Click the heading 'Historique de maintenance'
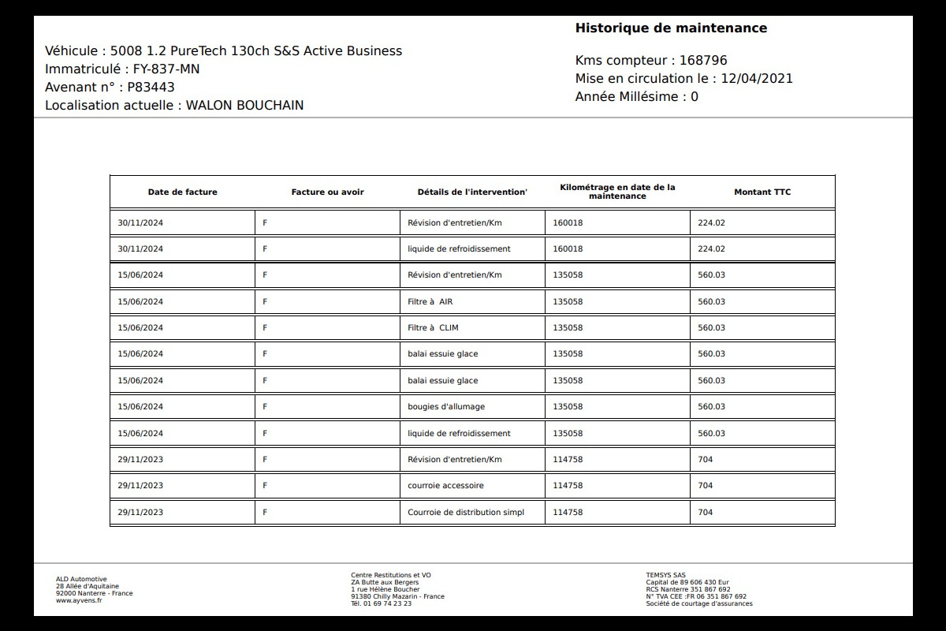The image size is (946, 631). point(671,28)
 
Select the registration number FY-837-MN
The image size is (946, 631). point(166,69)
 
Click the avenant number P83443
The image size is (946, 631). point(151,87)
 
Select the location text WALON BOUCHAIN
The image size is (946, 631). point(244,105)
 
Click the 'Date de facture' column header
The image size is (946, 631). point(182,192)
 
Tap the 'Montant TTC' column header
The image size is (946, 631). point(762,192)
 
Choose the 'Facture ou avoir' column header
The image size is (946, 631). point(327,192)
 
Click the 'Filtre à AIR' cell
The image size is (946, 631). point(430,301)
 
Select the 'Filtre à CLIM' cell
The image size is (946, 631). point(433,328)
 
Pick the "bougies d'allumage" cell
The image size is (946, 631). point(446,407)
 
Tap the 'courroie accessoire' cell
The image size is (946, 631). point(445,486)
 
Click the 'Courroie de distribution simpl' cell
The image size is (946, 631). point(465,512)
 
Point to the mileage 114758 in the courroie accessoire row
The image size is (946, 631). point(568,486)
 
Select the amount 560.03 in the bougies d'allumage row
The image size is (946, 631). point(711,407)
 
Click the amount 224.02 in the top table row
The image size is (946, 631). point(711,222)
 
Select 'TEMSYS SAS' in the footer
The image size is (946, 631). point(665,575)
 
